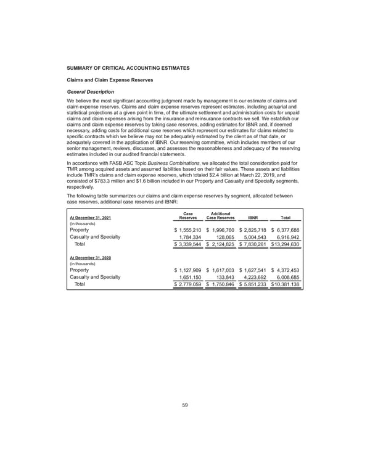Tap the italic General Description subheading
pyautogui.click(x=91, y=91)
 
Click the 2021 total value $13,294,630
pyautogui.click(x=285, y=244)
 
